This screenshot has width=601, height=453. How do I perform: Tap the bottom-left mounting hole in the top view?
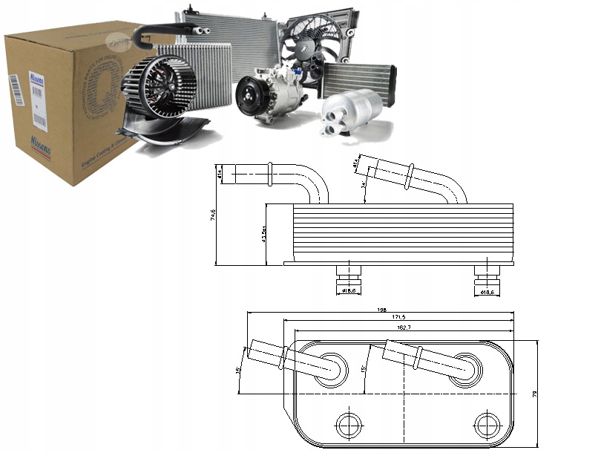[347, 425]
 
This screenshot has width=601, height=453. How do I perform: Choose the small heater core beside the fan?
[359, 77]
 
